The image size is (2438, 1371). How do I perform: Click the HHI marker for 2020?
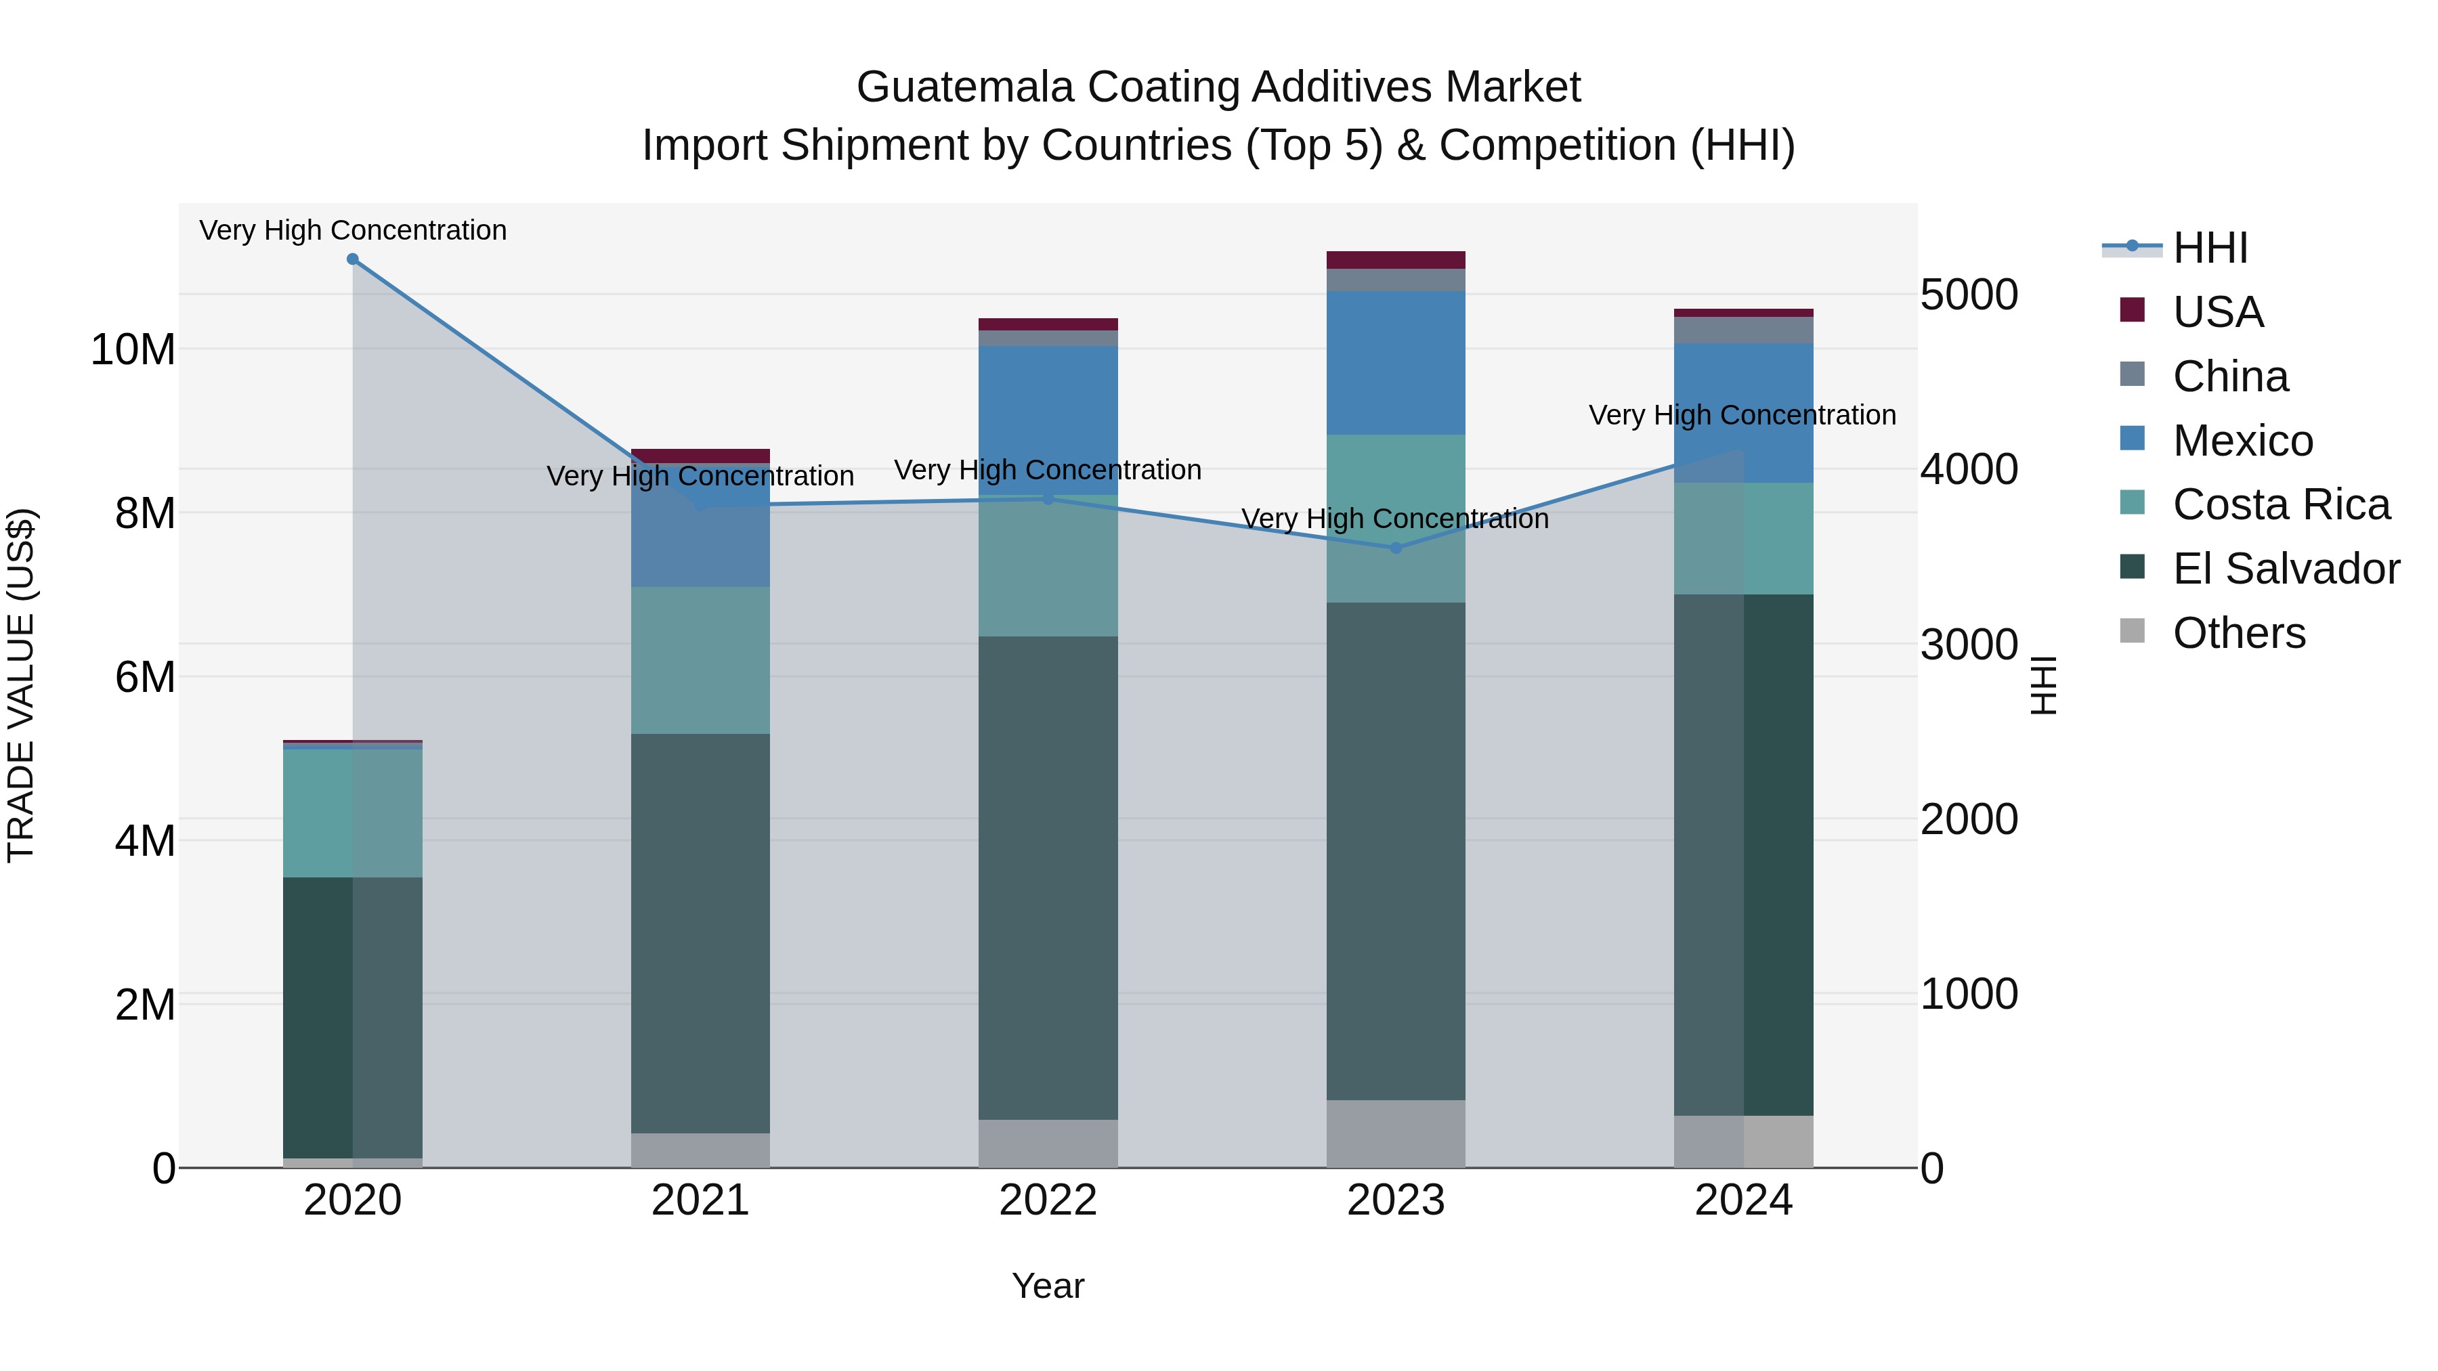pos(352,259)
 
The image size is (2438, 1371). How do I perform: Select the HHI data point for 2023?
pos(1395,547)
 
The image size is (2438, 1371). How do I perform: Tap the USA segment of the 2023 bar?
pos(1395,260)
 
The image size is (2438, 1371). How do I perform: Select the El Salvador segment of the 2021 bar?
pos(700,932)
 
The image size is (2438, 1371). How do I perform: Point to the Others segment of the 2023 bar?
pos(1395,1133)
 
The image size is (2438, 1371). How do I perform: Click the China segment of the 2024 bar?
pos(1743,330)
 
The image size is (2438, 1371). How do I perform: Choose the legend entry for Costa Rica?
pos(2281,504)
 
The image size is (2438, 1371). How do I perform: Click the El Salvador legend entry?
pos(2286,569)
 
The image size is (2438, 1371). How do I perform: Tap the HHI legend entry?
pos(2209,248)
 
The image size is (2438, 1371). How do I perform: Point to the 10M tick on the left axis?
pos(133,350)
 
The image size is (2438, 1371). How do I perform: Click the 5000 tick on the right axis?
pos(1969,295)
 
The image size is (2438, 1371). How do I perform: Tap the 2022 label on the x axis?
pos(1048,1200)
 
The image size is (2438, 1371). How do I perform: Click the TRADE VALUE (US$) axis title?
pos(21,685)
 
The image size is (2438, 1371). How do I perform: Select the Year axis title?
pos(1048,1286)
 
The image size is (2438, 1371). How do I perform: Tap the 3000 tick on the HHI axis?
pos(1969,645)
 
